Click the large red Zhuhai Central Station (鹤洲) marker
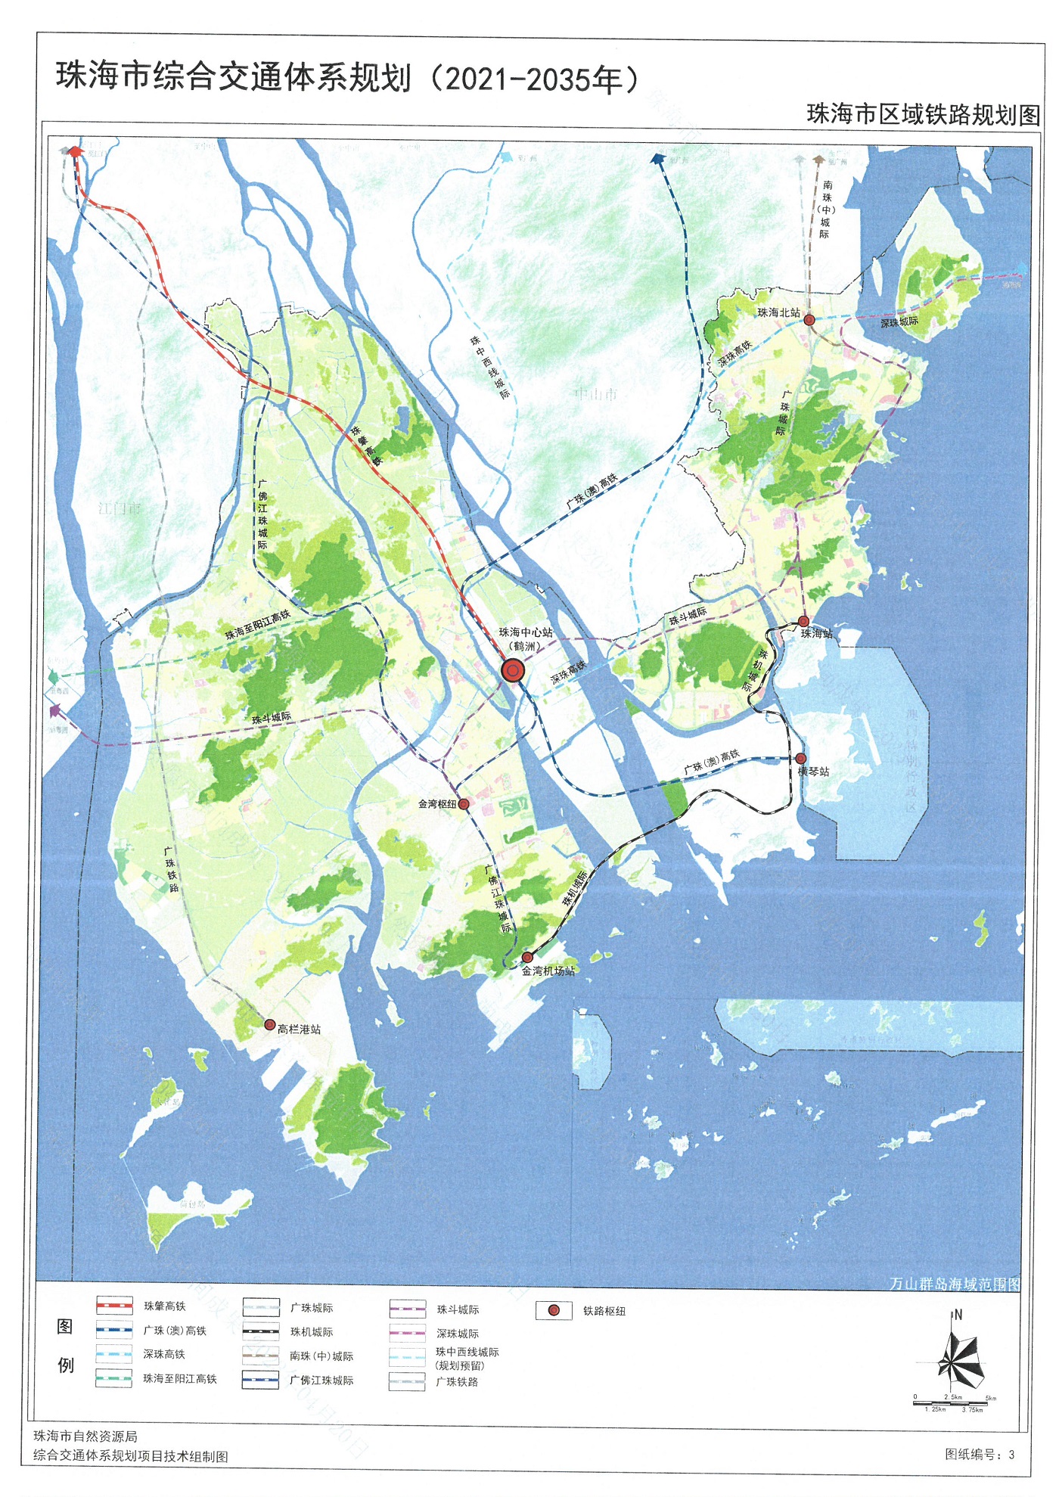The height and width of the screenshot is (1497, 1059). point(513,670)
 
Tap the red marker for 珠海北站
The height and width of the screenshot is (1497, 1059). point(809,320)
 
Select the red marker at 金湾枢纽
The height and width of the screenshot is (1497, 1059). point(464,804)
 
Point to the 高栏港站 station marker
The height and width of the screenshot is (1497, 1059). point(269,1025)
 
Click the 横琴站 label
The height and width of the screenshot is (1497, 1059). point(814,772)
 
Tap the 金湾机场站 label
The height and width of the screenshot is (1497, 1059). point(548,971)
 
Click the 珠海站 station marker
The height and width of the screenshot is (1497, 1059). point(803,621)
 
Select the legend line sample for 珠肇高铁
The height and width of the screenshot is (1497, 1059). point(114,1306)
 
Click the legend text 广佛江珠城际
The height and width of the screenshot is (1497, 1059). point(321,1380)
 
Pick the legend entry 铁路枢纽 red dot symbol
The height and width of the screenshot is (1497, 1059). point(554,1310)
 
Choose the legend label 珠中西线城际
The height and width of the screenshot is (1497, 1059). point(467,1352)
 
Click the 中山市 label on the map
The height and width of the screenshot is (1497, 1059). point(596,394)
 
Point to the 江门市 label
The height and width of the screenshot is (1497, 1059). point(120,508)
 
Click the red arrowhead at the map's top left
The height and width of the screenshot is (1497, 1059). point(75,152)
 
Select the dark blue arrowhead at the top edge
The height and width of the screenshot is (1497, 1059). point(657,158)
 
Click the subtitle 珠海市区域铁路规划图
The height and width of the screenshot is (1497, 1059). point(923,114)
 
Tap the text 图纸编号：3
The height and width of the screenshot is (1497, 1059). point(980,1454)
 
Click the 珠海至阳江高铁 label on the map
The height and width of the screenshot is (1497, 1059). point(257,625)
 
